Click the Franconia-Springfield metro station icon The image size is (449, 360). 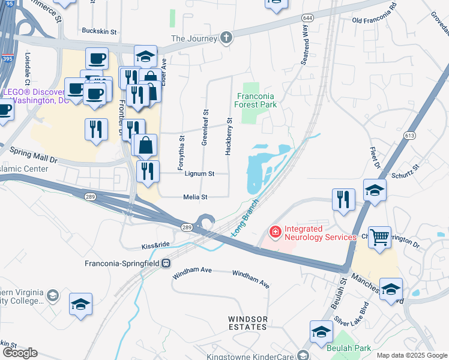166,263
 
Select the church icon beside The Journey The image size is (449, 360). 226,38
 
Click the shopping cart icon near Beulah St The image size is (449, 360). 379,238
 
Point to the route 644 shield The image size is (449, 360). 307,19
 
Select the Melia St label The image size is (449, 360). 195,197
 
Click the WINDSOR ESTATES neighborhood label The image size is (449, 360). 247,323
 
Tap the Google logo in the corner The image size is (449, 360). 20,353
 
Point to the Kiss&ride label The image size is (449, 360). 155,245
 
